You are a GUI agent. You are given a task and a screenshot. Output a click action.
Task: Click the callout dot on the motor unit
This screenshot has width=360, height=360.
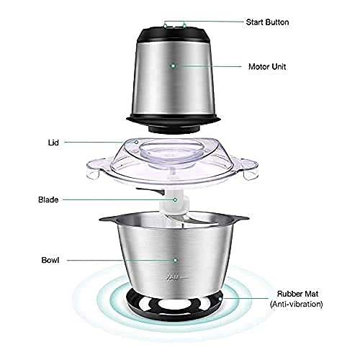click(173, 66)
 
